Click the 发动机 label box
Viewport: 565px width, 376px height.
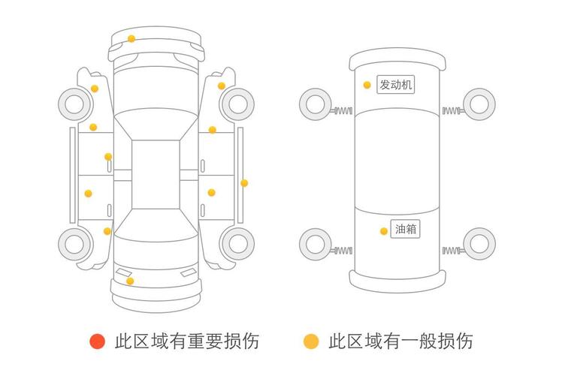tap(396, 85)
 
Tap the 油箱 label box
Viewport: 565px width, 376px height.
tap(406, 230)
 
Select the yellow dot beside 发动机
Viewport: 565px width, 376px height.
tap(367, 85)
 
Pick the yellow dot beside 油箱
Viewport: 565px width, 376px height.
tap(383, 230)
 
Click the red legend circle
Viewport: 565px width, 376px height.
tap(97, 341)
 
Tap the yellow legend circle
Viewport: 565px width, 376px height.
tap(310, 341)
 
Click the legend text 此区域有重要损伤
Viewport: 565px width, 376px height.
tap(187, 341)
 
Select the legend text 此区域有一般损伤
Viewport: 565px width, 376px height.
tap(400, 341)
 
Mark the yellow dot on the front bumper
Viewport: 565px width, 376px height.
tap(131, 38)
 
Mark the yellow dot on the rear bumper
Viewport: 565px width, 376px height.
tap(130, 281)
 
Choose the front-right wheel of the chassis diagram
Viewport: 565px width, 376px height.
tap(479, 104)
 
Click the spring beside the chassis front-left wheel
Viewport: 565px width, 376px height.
tap(343, 112)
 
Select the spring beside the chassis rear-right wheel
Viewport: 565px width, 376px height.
tap(452, 250)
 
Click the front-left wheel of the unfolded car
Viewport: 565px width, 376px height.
tap(74, 104)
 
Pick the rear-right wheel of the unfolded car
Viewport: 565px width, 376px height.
tap(238, 243)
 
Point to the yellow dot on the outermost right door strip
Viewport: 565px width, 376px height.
tap(244, 182)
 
